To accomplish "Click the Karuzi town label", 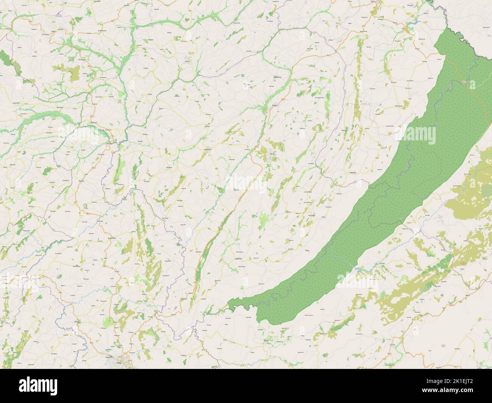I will pyautogui.click(x=272, y=154).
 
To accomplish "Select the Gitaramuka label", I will pyautogui.click(x=278, y=77).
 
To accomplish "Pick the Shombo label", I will pyautogui.click(x=199, y=252).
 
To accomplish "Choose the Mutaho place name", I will pyautogui.click(x=81, y=181).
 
